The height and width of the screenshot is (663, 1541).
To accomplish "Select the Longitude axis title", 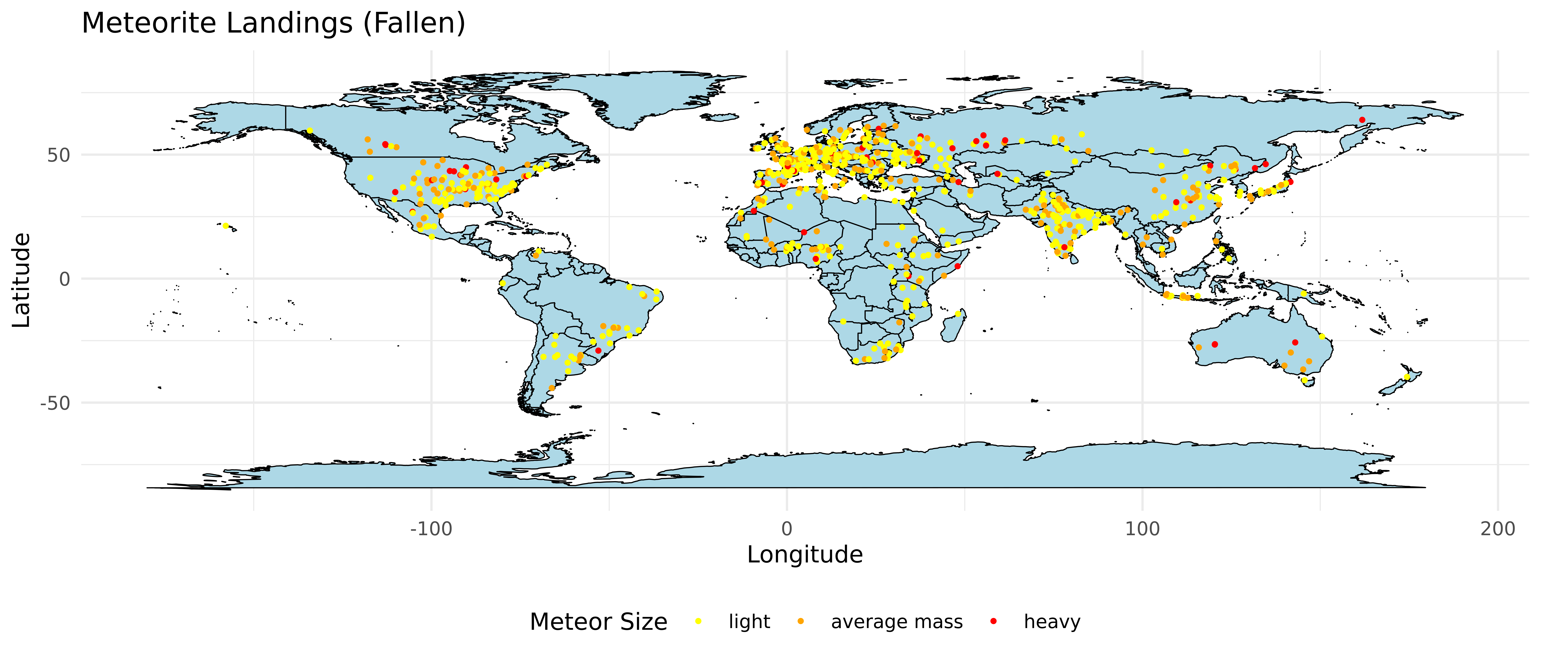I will (x=805, y=555).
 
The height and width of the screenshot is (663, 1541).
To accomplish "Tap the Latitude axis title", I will (x=22, y=280).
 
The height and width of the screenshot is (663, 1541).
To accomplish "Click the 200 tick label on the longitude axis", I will (x=1497, y=529).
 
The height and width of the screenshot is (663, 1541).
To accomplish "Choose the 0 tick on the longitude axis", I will (x=787, y=529).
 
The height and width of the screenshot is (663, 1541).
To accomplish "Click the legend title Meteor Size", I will (x=598, y=622).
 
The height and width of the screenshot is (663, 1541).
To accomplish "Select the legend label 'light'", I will (x=749, y=622).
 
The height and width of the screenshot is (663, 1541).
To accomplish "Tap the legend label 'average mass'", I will (x=897, y=622).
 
